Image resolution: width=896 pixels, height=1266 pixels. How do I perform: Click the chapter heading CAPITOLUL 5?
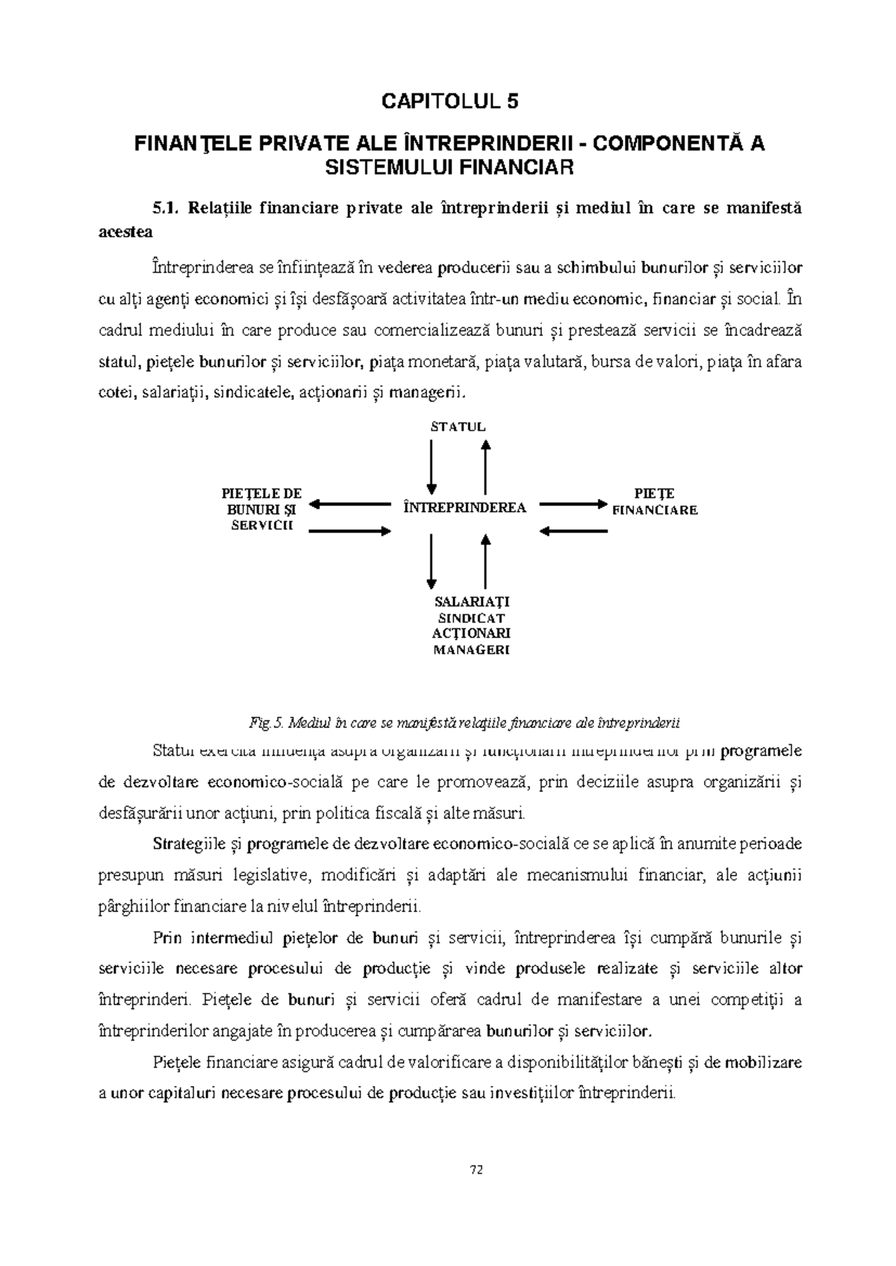click(449, 102)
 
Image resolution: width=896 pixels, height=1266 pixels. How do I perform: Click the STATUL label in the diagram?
click(458, 427)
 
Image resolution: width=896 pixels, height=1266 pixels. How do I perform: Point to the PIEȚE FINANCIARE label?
click(654, 502)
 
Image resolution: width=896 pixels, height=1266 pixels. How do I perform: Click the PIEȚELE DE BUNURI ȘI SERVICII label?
click(261, 509)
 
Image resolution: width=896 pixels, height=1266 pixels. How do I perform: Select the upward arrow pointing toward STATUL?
click(485, 467)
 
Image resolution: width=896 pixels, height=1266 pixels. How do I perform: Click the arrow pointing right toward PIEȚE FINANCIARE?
click(573, 505)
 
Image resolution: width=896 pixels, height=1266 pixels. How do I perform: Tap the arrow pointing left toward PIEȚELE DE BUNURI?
click(351, 505)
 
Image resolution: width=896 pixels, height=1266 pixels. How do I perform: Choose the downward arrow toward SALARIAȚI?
click(432, 560)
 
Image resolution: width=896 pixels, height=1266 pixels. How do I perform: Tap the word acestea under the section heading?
click(125, 231)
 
